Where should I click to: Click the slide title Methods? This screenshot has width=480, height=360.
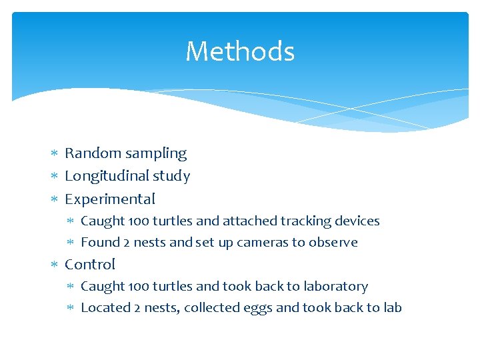click(x=240, y=51)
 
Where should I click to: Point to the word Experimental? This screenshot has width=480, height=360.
click(x=110, y=199)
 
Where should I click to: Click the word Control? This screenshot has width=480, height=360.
click(x=90, y=265)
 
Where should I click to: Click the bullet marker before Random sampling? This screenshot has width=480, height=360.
click(x=55, y=154)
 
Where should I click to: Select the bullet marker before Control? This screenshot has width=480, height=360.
click(x=55, y=265)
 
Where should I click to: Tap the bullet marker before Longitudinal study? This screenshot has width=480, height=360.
click(x=55, y=177)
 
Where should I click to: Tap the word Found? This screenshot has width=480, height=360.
click(x=97, y=243)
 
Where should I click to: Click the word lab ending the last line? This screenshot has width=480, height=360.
click(x=392, y=308)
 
